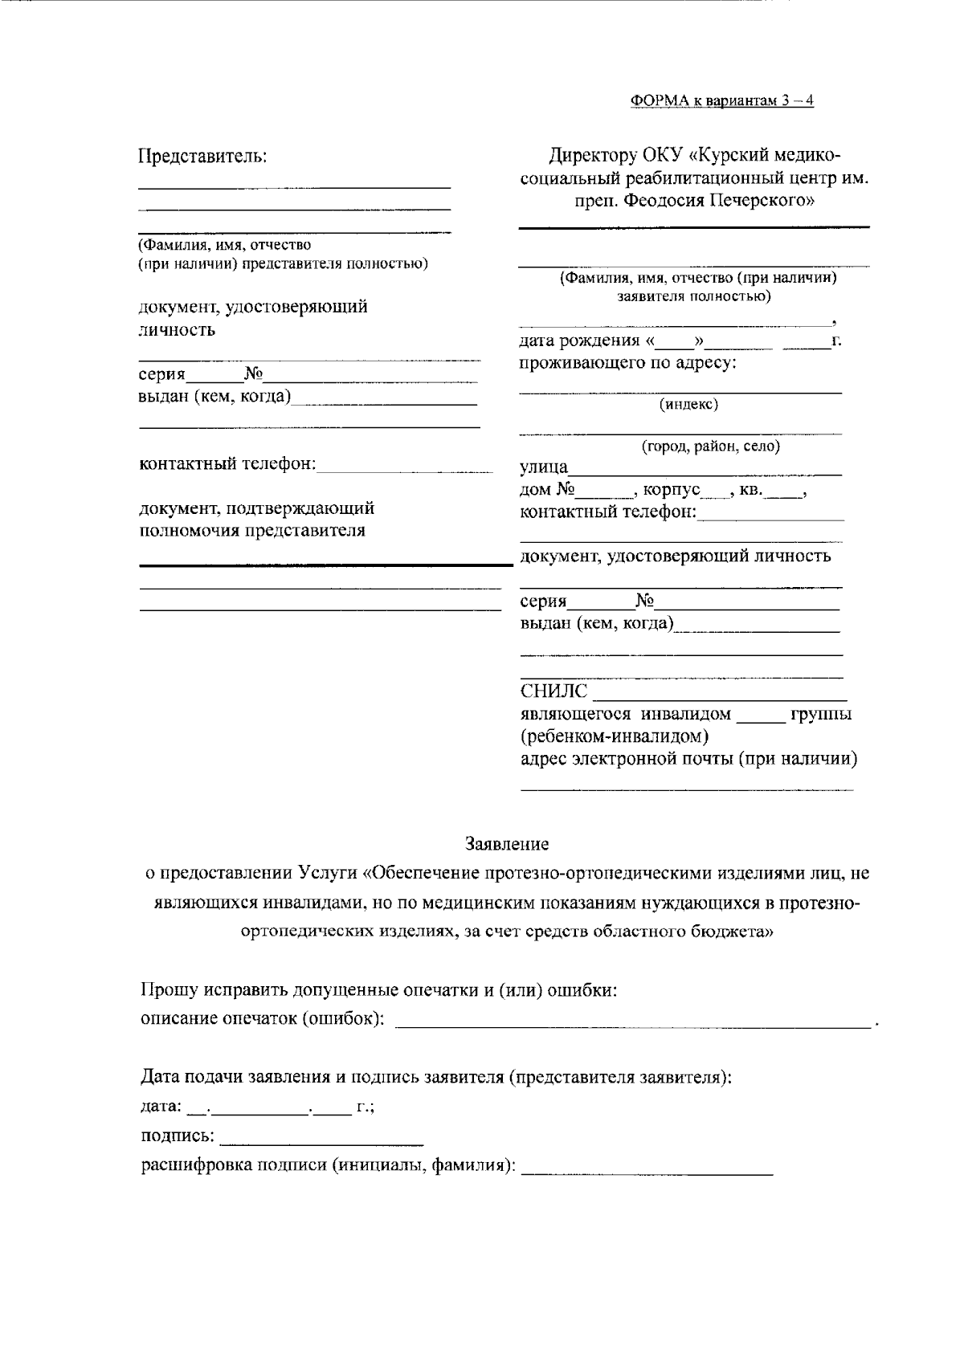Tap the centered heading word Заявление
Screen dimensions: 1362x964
coord(507,844)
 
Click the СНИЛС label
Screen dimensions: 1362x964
coord(553,691)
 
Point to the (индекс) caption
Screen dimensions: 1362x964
coord(688,405)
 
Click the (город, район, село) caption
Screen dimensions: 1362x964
coord(710,447)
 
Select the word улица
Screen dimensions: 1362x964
coord(544,468)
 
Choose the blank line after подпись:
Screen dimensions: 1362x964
coord(321,1138)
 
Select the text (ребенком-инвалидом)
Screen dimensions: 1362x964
coord(615,736)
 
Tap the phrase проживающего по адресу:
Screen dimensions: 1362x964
coord(627,364)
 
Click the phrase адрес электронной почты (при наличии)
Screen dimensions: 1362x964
coord(688,759)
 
